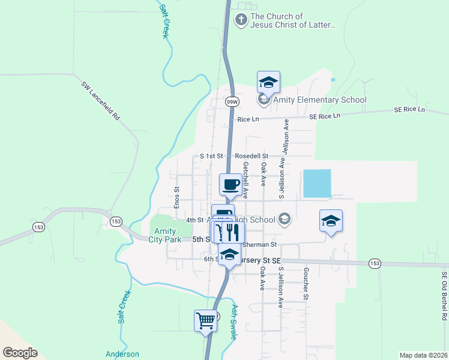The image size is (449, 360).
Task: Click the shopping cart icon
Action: coord(205,320)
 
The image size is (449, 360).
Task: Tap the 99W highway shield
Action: coord(232,102)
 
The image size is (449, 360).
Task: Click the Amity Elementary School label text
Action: coord(319,100)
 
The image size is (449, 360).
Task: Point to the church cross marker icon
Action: coord(241,20)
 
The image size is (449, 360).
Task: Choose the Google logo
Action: coord(20,353)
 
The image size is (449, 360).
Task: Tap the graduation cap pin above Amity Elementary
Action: coord(269,82)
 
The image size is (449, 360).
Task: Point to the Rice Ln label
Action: coord(248,119)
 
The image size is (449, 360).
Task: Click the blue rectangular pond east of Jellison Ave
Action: coord(317,184)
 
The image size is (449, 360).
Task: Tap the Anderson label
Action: coord(122,355)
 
